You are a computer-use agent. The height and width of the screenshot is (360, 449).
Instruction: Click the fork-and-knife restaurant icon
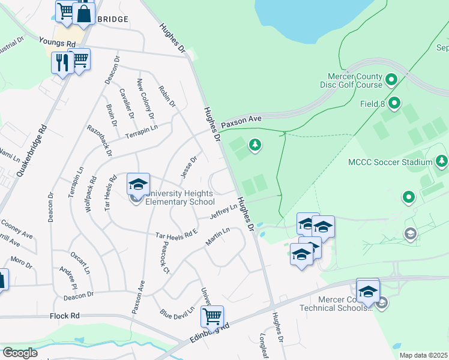62,61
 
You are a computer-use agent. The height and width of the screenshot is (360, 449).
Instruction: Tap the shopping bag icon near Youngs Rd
84,13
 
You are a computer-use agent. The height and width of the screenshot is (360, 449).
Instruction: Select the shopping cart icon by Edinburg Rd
212,316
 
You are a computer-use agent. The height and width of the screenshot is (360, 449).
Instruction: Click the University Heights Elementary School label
179,197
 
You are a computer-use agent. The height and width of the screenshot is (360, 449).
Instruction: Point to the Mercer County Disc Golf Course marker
391,79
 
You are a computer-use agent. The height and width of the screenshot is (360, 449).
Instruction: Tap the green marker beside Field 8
394,104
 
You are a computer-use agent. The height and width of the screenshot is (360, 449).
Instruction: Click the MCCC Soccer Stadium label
390,162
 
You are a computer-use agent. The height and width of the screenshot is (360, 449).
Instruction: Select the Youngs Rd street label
57,43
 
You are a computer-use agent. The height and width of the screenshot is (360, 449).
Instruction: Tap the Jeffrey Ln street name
223,211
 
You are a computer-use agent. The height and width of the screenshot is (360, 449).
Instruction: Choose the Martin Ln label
217,236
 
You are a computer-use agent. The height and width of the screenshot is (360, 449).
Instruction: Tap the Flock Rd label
65,316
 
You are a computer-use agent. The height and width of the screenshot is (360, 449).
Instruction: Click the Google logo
20,353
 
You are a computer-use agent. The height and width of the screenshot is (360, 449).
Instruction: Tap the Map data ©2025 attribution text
423,355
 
